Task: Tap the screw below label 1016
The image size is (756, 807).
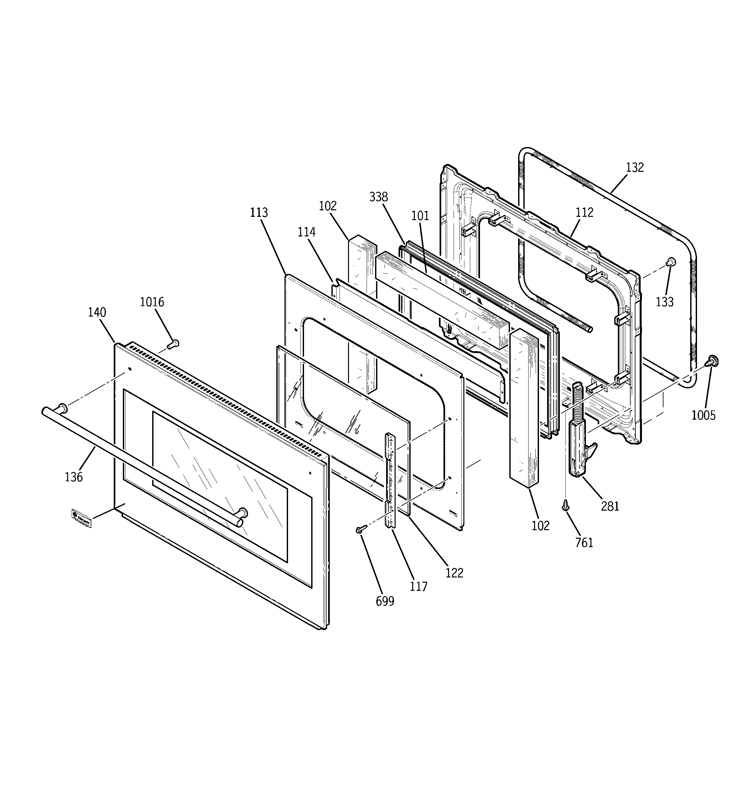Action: click(173, 345)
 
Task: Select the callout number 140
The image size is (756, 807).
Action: click(97, 313)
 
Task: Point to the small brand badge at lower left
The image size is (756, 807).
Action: click(81, 518)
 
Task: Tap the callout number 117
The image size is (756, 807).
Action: click(418, 587)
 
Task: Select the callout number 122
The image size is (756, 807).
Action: click(454, 573)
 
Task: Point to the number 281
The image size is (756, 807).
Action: click(610, 506)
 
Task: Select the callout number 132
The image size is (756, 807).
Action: click(635, 167)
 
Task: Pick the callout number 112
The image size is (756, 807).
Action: click(584, 212)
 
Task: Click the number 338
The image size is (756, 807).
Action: click(378, 197)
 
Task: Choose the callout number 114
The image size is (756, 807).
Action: click(306, 232)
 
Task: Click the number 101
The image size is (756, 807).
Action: click(420, 216)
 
